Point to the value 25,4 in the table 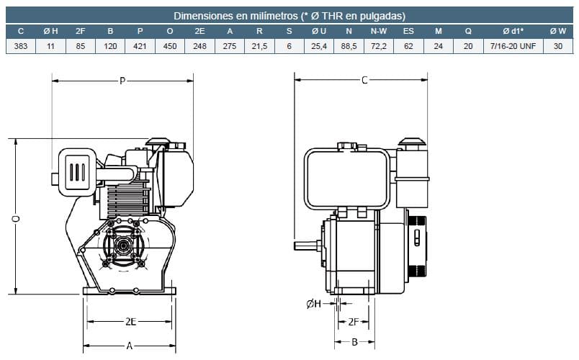pyautogui.click(x=318, y=46)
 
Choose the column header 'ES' pyautogui.click(x=408, y=31)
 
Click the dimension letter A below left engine pyautogui.click(x=130, y=346)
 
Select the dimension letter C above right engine pyautogui.click(x=364, y=80)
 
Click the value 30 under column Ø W pyautogui.click(x=557, y=46)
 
